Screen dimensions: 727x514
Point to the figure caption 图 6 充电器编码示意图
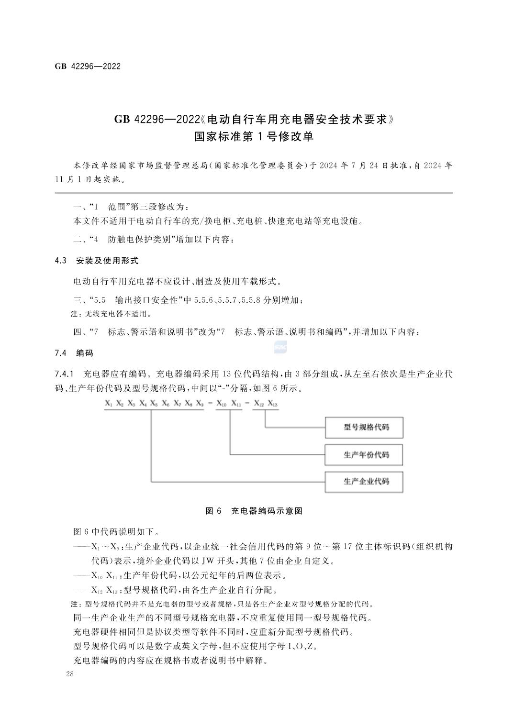pos(254,511)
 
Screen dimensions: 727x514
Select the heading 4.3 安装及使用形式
pos(97,261)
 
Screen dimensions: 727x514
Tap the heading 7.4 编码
pos(74,353)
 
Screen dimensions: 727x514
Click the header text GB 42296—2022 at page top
pos(88,66)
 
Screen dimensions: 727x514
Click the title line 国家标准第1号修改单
pos(254,137)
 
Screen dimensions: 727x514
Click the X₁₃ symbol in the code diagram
pos(272,404)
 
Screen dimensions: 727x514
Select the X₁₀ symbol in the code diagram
pos(221,404)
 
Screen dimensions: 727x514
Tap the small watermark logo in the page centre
pos(280,348)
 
